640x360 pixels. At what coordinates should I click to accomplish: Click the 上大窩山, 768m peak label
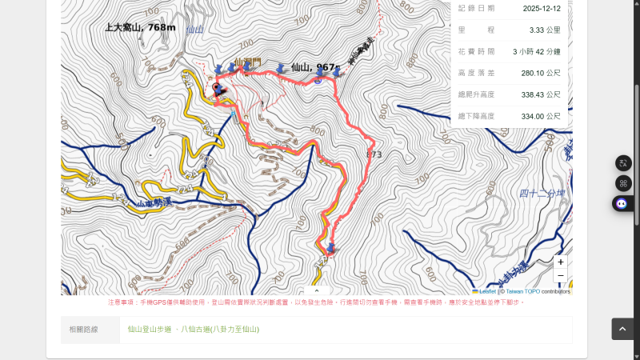(140, 27)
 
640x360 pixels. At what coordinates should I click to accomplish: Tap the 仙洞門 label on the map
(248, 61)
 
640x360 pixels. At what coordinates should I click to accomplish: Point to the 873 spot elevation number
(374, 154)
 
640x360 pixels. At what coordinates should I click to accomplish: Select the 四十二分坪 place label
(542, 193)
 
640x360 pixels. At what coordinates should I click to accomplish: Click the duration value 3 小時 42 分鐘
(536, 51)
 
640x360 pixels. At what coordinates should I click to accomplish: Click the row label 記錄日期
(476, 8)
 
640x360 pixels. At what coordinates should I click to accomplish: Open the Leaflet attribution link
(486, 291)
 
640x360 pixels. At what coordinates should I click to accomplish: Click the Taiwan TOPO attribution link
(522, 291)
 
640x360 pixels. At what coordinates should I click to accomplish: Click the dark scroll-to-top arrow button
(623, 329)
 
